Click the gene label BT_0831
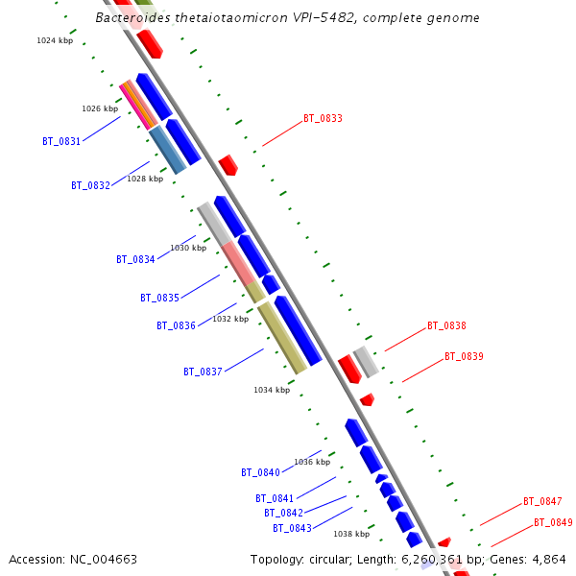[61, 141]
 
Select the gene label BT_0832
[90, 185]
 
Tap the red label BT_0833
[323, 119]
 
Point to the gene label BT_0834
[135, 259]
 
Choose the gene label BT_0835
[159, 298]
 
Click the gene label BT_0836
[176, 325]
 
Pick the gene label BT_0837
[203, 372]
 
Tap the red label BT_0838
[446, 326]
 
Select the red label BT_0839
[464, 357]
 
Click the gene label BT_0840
[260, 472]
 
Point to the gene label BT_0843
[292, 528]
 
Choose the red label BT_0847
[542, 502]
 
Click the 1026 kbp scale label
[100, 108]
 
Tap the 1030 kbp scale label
[188, 248]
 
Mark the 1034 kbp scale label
[272, 390]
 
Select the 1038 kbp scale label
[351, 534]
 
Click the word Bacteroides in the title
[134, 18]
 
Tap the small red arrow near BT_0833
[228, 165]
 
